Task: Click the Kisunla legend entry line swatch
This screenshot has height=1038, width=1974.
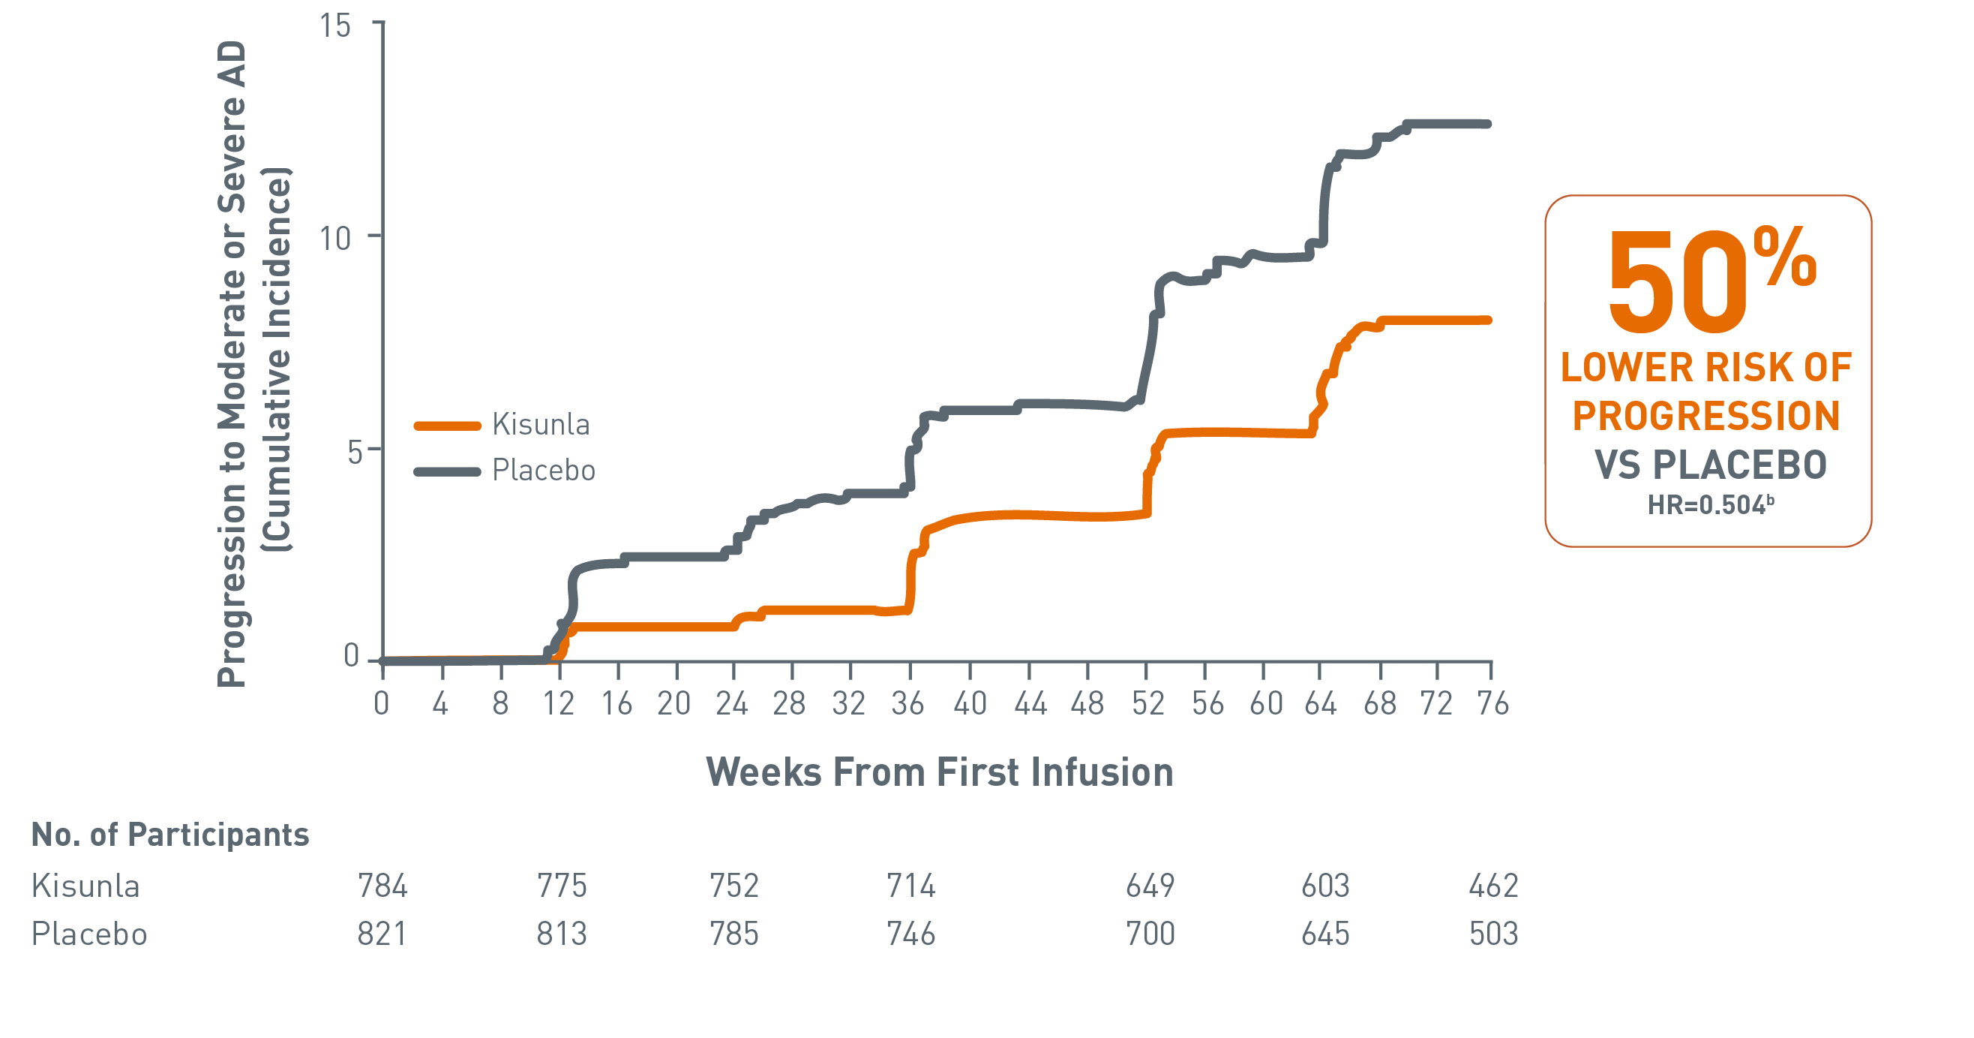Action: tap(447, 426)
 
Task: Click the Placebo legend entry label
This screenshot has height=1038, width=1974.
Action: tap(543, 470)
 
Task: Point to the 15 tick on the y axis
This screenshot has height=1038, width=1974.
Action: tap(334, 26)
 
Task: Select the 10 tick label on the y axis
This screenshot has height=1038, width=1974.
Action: tap(334, 239)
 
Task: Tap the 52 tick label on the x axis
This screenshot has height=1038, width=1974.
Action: tap(1147, 703)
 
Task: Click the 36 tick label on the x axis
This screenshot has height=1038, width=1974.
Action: tap(907, 703)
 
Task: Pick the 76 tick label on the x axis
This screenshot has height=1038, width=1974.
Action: tap(1492, 703)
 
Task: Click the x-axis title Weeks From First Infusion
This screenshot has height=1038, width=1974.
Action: tap(939, 772)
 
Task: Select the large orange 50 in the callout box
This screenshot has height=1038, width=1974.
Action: tap(1677, 284)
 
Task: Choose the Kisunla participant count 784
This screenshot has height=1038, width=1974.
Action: tap(382, 886)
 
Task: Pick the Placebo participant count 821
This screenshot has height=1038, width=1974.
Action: tap(382, 934)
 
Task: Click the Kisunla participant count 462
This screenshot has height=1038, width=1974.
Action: tap(1492, 886)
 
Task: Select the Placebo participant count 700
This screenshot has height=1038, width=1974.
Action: tap(1150, 934)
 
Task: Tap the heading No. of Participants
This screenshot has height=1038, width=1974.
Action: tap(169, 834)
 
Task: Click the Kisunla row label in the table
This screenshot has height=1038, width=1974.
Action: tap(85, 886)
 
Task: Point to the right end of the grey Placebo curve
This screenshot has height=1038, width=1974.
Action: tap(1487, 123)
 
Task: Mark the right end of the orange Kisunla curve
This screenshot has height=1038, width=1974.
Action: tap(1487, 320)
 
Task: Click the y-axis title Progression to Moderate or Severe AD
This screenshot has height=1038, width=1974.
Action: tap(232, 364)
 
